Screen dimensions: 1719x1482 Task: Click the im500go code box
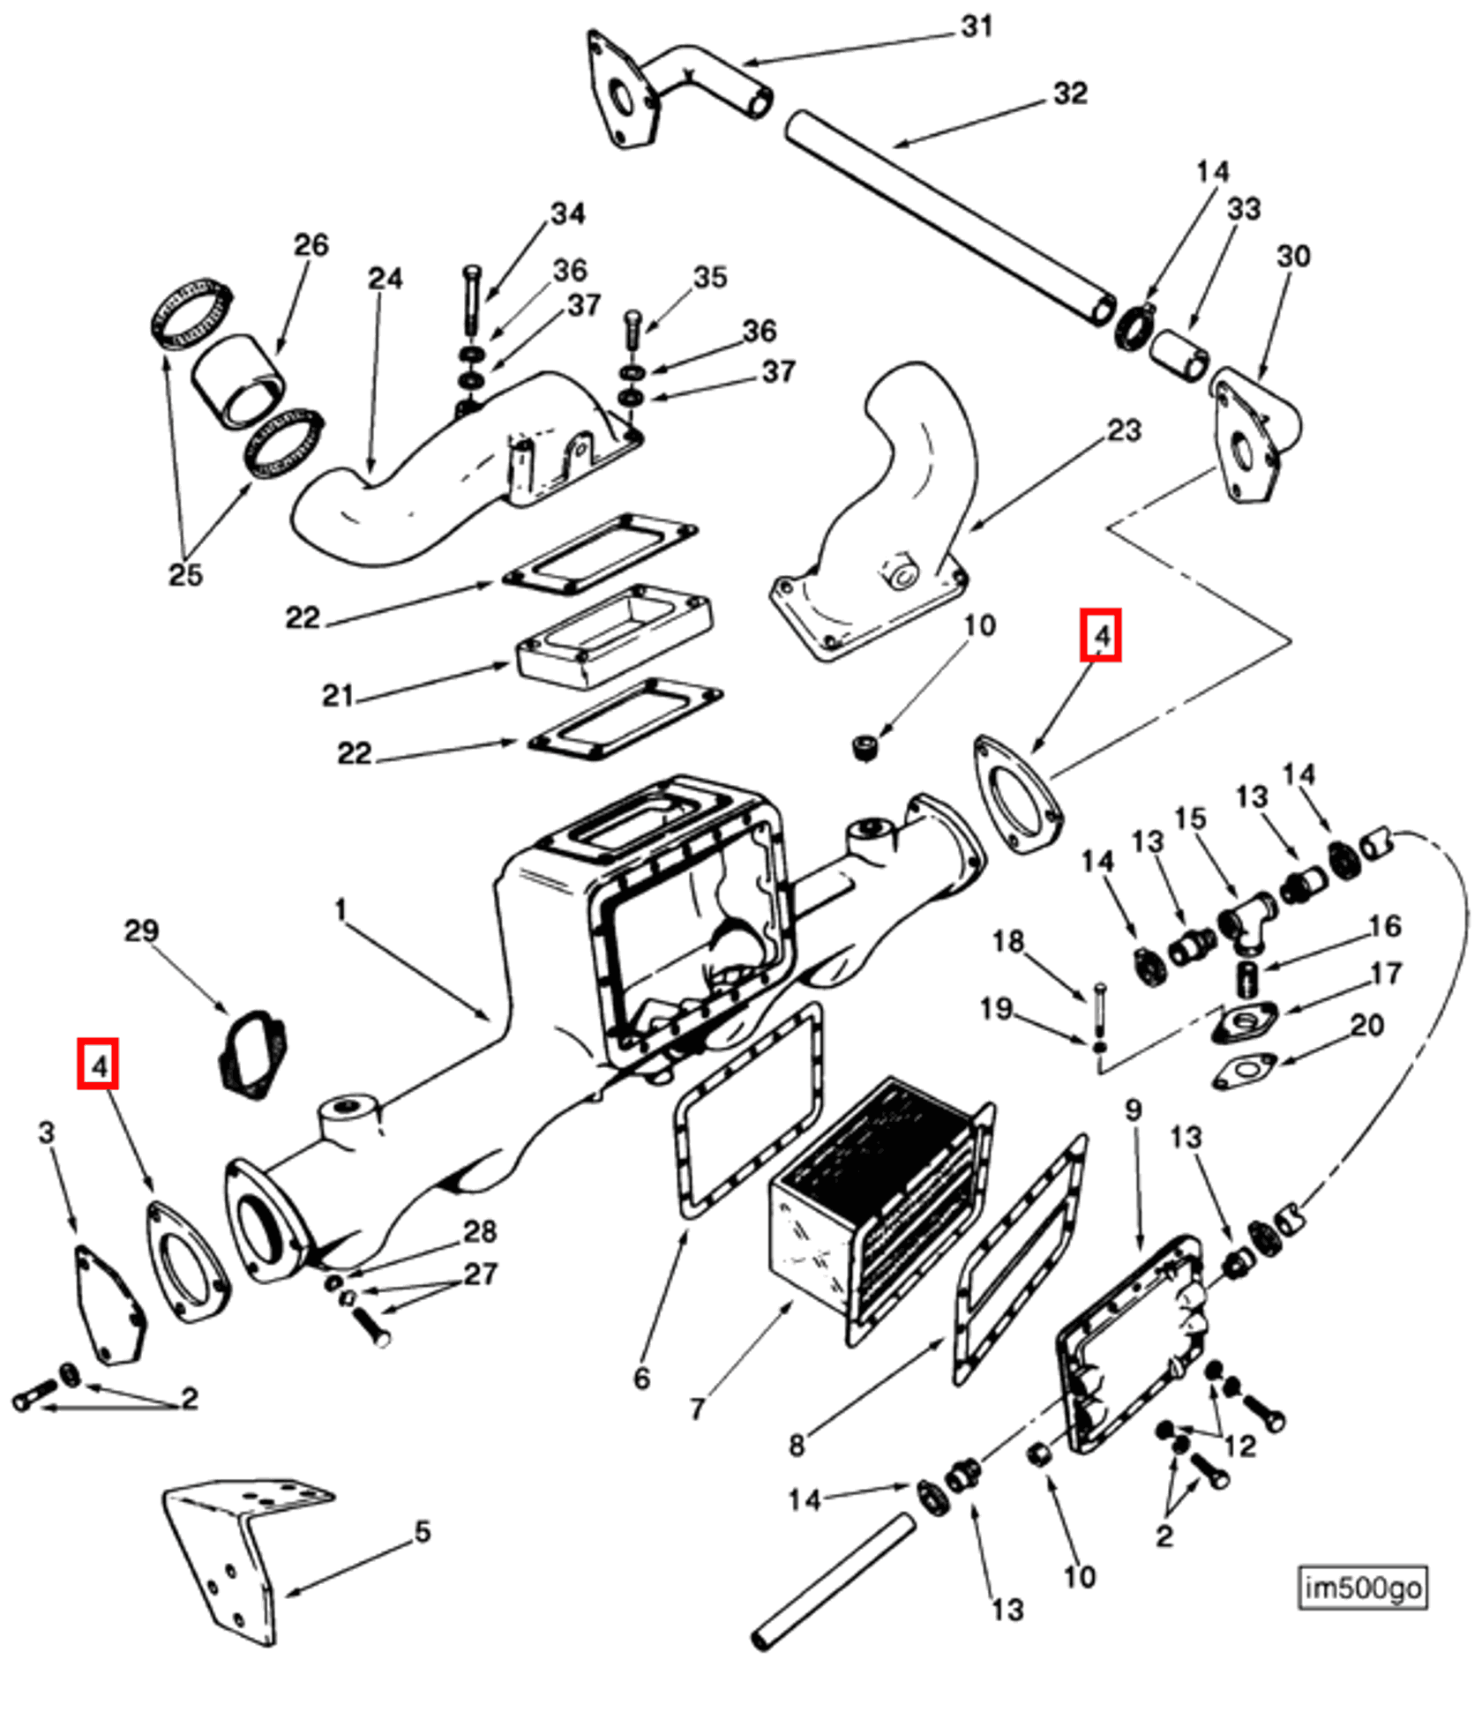pos(1362,1588)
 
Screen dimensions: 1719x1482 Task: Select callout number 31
pos(977,26)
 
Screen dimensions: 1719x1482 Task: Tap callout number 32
pos(1070,93)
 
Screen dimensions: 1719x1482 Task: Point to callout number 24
pos(385,279)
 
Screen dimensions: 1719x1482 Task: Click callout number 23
pos(1124,430)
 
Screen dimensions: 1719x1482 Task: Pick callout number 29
pos(141,931)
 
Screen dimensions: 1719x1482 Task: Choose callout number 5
pos(423,1532)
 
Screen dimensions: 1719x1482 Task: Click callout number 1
pos(341,909)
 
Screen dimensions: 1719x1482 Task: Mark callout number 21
pos(337,696)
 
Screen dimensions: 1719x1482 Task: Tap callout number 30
pos(1293,257)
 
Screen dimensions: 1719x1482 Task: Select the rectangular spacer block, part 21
pos(616,637)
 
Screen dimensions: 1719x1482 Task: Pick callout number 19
pos(997,1008)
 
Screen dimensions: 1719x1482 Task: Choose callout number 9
pos(1134,1110)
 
